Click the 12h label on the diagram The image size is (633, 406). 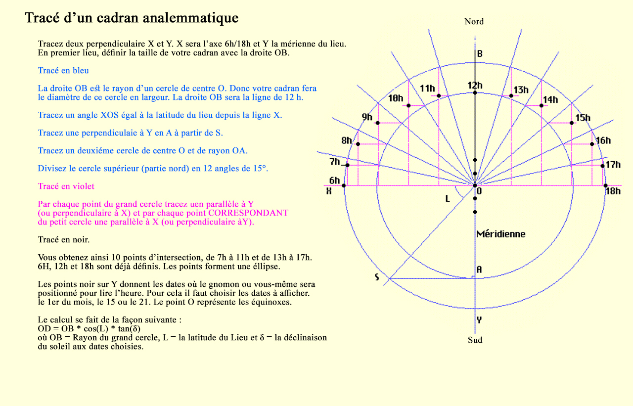[475, 86]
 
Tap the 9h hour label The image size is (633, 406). [367, 117]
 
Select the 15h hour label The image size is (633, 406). [583, 118]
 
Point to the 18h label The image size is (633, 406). [613, 191]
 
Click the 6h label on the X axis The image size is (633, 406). [335, 180]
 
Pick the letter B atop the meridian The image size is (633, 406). [479, 54]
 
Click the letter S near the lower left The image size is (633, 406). [377, 277]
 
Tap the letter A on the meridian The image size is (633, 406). [479, 270]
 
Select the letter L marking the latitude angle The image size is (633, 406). [447, 199]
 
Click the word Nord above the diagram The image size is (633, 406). [474, 21]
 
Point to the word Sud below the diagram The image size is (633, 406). [475, 340]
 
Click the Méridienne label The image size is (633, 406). [500, 234]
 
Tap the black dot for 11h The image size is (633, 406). [438, 95]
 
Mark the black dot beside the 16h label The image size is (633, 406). [592, 144]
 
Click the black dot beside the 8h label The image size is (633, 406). [358, 144]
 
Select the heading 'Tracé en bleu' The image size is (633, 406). [63, 71]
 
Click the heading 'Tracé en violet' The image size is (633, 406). [66, 186]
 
